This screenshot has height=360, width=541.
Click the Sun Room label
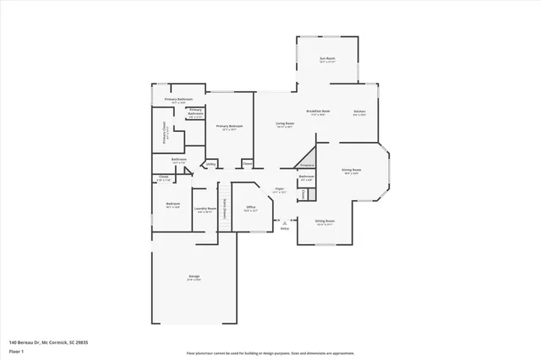point(327,60)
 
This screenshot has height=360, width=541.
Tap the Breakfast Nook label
point(319,112)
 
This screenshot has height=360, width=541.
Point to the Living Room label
point(284,124)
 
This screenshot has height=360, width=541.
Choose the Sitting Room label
point(325,221)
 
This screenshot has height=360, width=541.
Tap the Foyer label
point(279,190)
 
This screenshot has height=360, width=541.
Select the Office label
point(250,208)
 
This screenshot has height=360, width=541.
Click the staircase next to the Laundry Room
point(225,208)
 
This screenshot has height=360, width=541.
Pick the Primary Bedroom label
point(229,127)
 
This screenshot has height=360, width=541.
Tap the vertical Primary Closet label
point(165,134)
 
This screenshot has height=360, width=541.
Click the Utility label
point(210,164)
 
